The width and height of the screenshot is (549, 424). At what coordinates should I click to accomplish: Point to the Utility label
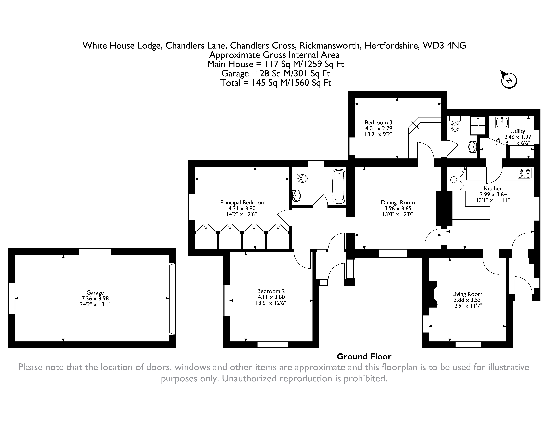pos(518,131)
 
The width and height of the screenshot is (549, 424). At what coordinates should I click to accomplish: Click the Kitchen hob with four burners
pos(525,174)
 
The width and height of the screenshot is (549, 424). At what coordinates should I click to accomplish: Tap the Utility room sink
pos(502,122)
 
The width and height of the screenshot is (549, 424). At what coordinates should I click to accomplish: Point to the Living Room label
pos(467,294)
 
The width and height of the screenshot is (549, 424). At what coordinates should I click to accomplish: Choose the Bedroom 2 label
pos(271,291)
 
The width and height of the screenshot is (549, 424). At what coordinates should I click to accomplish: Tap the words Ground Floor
pos(364,357)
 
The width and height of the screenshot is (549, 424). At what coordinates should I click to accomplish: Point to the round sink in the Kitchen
pos(454,180)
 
